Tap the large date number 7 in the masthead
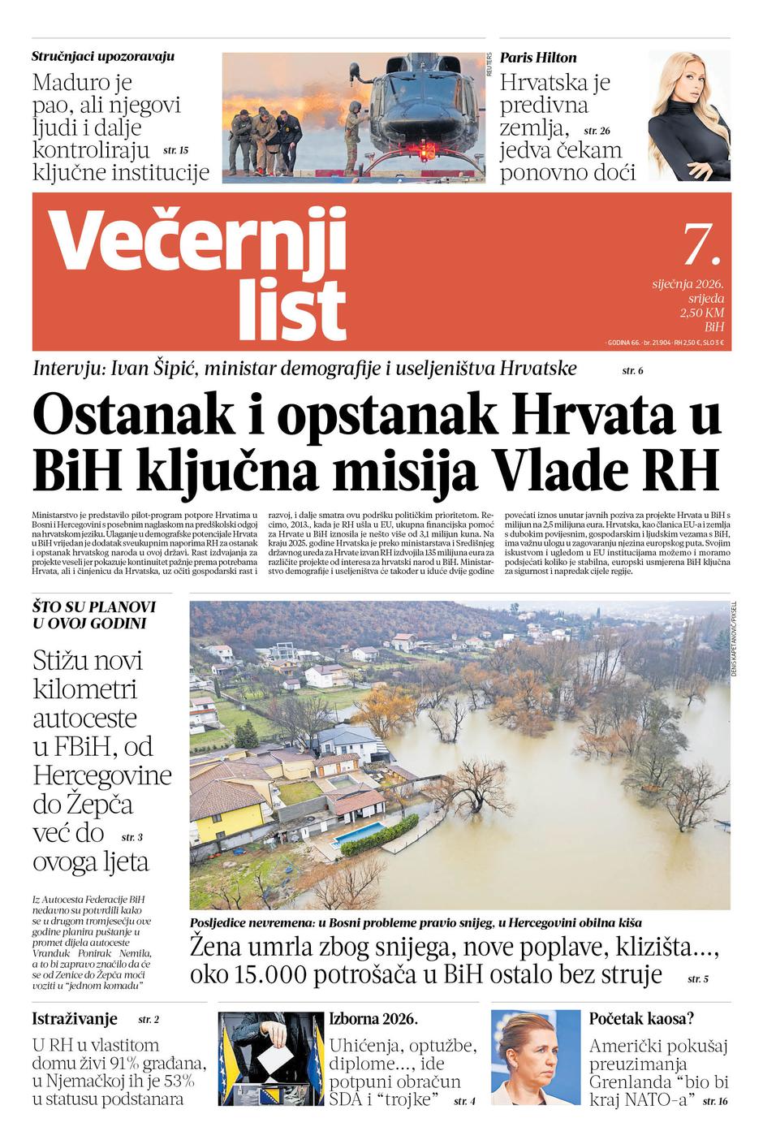(x=699, y=243)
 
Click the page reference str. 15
(x=175, y=150)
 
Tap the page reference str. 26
(x=597, y=131)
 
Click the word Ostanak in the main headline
(x=131, y=415)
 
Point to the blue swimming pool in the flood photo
(x=360, y=834)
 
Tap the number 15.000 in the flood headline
(x=275, y=974)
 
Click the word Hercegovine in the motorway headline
(x=102, y=775)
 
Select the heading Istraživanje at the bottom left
(x=75, y=1019)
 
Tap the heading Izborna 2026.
(x=373, y=1019)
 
